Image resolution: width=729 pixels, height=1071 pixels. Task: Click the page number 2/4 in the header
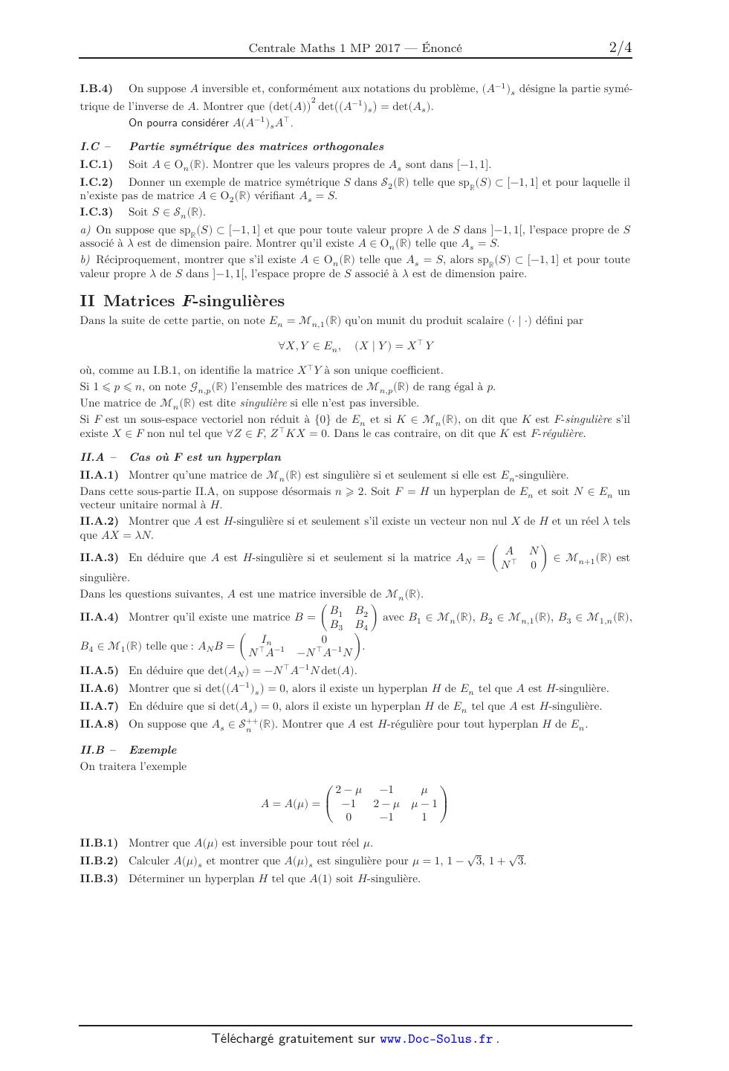pyautogui.click(x=620, y=48)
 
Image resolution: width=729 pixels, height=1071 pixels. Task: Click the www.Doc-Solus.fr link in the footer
pyautogui.click(x=436, y=1039)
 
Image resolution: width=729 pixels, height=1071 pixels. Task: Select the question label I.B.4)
pyautogui.click(x=96, y=89)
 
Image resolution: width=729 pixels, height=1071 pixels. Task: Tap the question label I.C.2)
pyautogui.click(x=96, y=182)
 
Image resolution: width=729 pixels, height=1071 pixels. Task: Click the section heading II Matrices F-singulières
pyautogui.click(x=182, y=301)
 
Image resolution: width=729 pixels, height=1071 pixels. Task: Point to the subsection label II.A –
pyautogui.click(x=98, y=457)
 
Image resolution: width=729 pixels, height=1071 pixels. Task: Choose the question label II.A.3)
pyautogui.click(x=99, y=557)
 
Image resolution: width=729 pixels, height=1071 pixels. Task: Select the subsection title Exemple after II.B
pyautogui.click(x=153, y=750)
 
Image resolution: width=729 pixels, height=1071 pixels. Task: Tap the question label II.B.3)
pyautogui.click(x=99, y=879)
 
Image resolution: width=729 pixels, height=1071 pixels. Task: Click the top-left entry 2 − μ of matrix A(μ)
pyautogui.click(x=348, y=790)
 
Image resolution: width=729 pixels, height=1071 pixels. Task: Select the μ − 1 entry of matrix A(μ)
pyautogui.click(x=424, y=803)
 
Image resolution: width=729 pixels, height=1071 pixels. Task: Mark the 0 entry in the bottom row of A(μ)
pyautogui.click(x=348, y=817)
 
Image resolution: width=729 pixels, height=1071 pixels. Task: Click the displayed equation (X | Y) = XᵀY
pyautogui.click(x=394, y=346)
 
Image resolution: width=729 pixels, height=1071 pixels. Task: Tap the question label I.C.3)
pyautogui.click(x=96, y=212)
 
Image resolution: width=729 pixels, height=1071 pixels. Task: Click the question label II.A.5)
pyautogui.click(x=99, y=670)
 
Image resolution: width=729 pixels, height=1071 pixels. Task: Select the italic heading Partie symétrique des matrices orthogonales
pyautogui.click(x=256, y=146)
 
